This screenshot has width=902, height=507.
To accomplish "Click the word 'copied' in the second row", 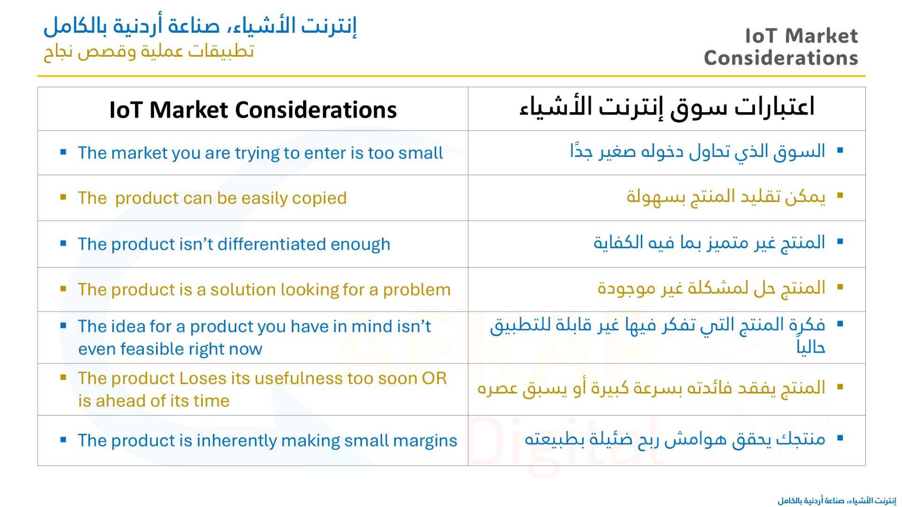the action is click(x=319, y=198).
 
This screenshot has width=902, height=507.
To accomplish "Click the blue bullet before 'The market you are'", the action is click(x=63, y=152).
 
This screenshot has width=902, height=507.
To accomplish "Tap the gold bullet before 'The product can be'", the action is click(x=63, y=197).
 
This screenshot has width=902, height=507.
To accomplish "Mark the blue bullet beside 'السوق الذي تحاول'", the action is click(x=840, y=151).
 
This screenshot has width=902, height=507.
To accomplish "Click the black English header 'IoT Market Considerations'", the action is click(x=253, y=110).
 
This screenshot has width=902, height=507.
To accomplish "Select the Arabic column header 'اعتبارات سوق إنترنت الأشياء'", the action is click(x=667, y=107).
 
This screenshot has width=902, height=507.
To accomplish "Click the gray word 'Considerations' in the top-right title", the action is click(x=781, y=58).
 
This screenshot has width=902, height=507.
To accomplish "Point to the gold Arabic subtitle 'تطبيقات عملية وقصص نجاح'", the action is click(x=149, y=51).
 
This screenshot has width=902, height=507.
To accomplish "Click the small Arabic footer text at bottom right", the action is click(x=837, y=500).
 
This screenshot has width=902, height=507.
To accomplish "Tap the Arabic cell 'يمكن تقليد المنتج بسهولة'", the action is click(x=726, y=196).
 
